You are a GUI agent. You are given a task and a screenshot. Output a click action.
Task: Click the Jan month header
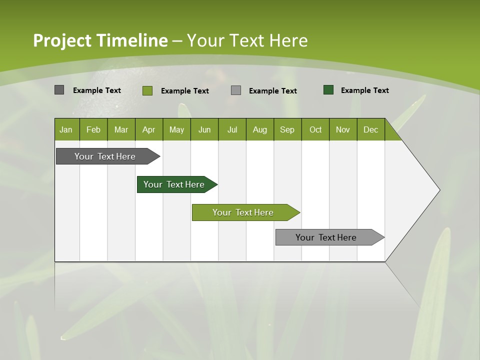[x=66, y=129]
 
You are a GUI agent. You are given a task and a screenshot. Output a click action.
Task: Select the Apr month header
[x=148, y=129]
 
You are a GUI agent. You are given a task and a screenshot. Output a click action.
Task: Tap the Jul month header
[x=232, y=129]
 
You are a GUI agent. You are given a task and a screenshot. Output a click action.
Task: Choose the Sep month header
[x=287, y=129]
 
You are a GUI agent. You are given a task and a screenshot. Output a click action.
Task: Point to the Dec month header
[x=370, y=129]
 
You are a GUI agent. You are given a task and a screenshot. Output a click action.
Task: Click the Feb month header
[x=93, y=129]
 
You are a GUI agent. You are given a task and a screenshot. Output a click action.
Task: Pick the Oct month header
[x=315, y=129]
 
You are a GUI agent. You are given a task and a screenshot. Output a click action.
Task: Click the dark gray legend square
[x=59, y=90]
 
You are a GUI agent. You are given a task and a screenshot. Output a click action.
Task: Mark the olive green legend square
[x=147, y=90]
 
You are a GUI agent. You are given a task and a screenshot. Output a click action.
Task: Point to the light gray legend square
[x=236, y=90]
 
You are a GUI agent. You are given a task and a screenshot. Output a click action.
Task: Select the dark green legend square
[x=328, y=90]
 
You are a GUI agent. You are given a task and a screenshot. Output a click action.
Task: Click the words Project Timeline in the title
[x=100, y=40]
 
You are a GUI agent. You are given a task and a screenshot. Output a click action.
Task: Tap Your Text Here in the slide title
[x=247, y=40]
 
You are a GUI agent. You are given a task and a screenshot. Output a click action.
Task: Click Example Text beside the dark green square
[x=364, y=90]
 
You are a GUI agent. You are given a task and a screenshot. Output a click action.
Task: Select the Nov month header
[x=343, y=129]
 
